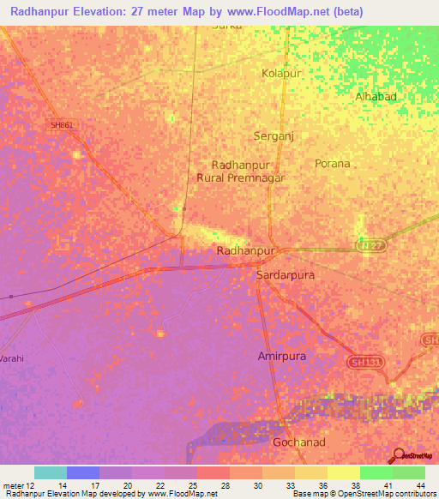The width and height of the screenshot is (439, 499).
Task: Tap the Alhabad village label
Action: (x=376, y=97)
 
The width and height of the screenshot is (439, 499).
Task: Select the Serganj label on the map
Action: (x=274, y=136)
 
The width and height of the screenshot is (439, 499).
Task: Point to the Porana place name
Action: (x=333, y=163)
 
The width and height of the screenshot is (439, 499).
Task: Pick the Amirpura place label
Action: (x=281, y=355)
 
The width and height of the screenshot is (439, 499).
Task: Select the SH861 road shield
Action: (x=62, y=125)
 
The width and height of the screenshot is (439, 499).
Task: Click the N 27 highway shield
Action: (x=369, y=246)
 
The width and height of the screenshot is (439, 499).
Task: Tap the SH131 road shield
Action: (x=365, y=364)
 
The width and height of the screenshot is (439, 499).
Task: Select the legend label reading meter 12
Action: (x=19, y=486)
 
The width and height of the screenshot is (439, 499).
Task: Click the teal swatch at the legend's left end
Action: (x=51, y=472)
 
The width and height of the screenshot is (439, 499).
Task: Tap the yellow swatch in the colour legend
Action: (x=343, y=472)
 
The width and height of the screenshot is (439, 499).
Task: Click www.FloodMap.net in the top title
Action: (x=285, y=11)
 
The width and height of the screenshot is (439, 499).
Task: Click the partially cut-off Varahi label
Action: (x=11, y=357)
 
